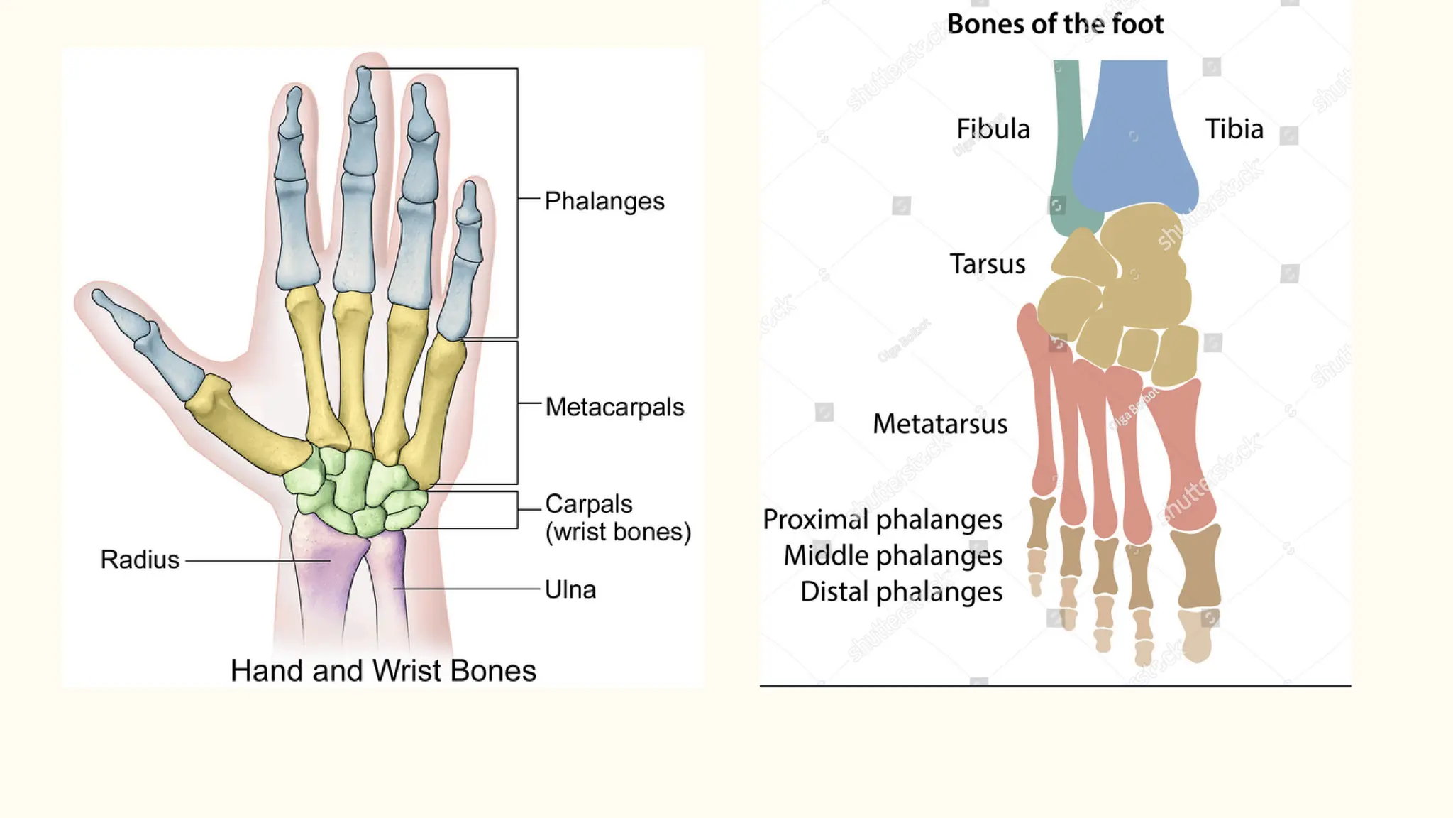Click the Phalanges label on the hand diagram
pyautogui.click(x=604, y=202)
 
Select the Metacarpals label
pyautogui.click(x=614, y=408)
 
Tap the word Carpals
pyautogui.click(x=588, y=504)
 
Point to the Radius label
pyautogui.click(x=140, y=560)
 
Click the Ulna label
pyautogui.click(x=570, y=590)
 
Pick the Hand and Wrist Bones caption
pyautogui.click(x=383, y=671)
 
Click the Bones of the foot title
pyautogui.click(x=1055, y=25)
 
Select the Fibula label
pyautogui.click(x=993, y=129)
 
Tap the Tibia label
pyautogui.click(x=1234, y=129)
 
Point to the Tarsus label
pyautogui.click(x=987, y=264)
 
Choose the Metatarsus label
pyautogui.click(x=939, y=424)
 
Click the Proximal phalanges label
pyautogui.click(x=882, y=520)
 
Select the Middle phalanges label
pyautogui.click(x=893, y=556)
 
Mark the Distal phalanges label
pyautogui.click(x=901, y=592)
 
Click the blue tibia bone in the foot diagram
pyautogui.click(x=1134, y=142)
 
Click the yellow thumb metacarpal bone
pyautogui.click(x=245, y=426)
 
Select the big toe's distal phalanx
pyautogui.click(x=1198, y=636)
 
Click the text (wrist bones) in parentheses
pyautogui.click(x=618, y=533)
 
